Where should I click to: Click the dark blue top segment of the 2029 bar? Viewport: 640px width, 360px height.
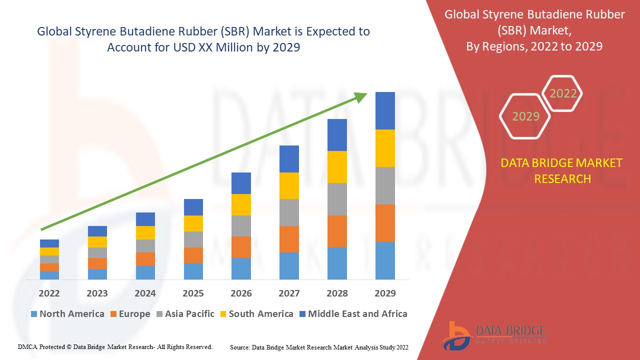[385, 110]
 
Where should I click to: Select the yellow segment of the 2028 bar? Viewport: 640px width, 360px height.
[337, 167]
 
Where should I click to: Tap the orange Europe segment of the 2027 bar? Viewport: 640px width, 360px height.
[289, 239]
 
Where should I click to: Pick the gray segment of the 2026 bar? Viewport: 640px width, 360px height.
[241, 226]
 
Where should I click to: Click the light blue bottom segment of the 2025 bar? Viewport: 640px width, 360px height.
[193, 271]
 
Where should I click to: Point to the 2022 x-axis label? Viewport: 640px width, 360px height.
[49, 293]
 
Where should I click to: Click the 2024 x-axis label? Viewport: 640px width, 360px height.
[145, 293]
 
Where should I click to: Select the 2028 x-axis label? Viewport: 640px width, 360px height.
[337, 293]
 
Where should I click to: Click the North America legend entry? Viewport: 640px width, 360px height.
[67, 314]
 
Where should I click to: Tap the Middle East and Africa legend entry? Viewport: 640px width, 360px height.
[352, 314]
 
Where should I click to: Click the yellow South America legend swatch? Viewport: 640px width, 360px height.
[222, 314]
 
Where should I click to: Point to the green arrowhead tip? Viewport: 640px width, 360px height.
[366, 94]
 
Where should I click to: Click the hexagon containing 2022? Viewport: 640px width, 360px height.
[563, 93]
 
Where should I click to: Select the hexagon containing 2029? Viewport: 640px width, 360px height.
[525, 116]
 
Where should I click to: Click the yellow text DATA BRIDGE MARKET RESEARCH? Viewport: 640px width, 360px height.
[561, 170]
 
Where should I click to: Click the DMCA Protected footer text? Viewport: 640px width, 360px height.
[115, 346]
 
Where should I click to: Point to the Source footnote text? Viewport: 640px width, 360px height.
[319, 346]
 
